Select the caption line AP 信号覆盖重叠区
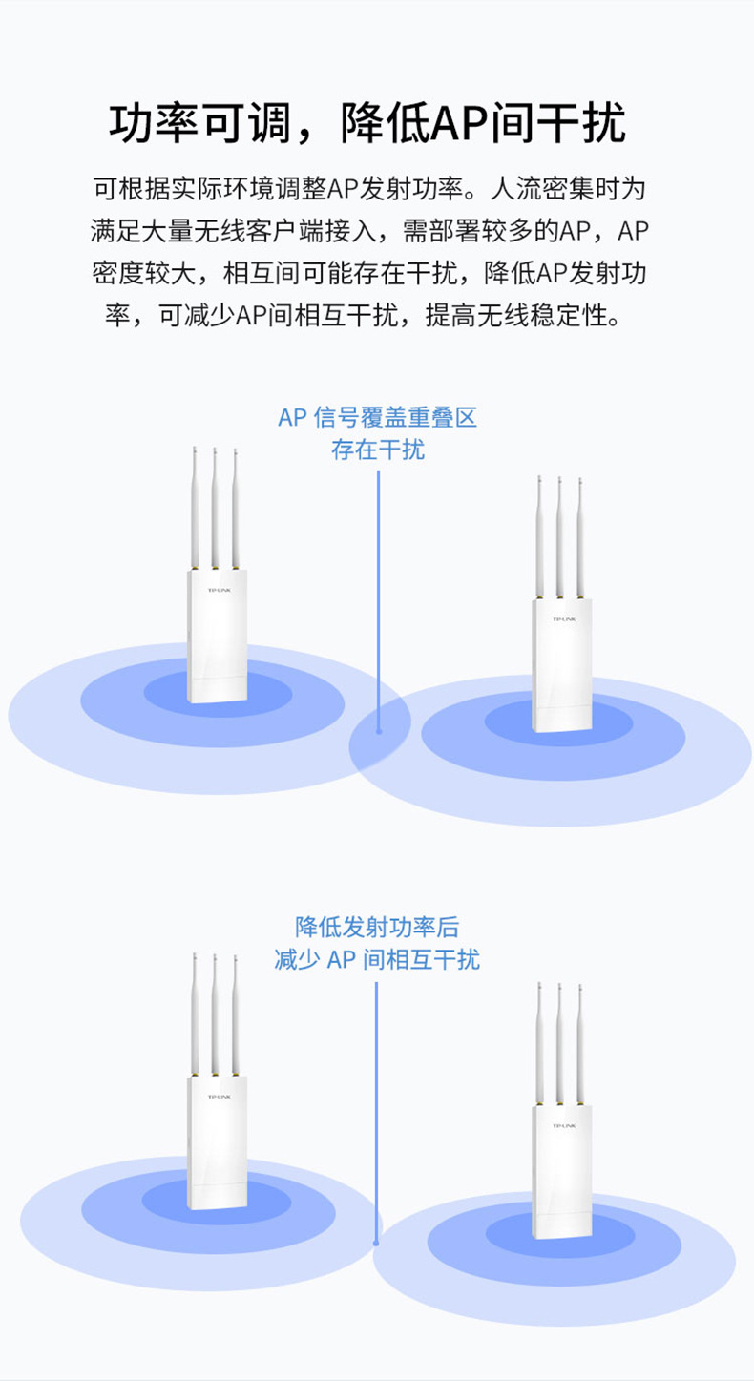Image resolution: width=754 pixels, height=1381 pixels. pos(377,418)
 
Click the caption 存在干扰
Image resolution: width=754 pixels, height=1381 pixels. pos(377,450)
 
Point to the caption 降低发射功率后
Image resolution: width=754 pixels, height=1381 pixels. pos(377,927)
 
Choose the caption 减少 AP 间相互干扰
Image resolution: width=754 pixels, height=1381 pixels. pos(377,959)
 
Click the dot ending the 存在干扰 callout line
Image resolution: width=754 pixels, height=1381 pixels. pos(379,731)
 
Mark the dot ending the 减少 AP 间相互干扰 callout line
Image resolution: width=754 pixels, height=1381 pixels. pos(376,1243)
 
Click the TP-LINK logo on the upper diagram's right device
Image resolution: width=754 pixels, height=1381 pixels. pos(562,620)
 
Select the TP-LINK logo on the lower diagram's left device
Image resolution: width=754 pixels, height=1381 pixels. pos(218,1097)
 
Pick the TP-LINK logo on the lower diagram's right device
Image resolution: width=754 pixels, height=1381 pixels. pos(562,1126)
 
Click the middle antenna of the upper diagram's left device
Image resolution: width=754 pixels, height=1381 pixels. pos(214,506)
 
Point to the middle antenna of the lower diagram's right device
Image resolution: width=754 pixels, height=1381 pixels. pos(559,1040)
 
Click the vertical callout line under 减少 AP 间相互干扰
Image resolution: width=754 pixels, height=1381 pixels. pos(376,1107)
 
